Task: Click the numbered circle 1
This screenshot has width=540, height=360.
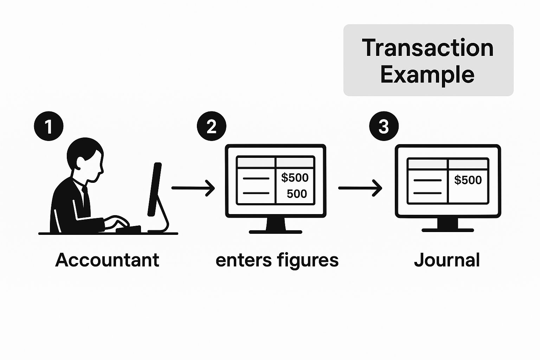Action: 49,126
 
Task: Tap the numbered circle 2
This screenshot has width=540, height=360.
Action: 211,126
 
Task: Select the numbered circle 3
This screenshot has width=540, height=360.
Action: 384,126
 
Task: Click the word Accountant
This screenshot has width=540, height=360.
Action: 107,260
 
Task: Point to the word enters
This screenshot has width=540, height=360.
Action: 244,261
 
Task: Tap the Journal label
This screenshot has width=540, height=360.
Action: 447,260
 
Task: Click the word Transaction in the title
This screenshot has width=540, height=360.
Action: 428,48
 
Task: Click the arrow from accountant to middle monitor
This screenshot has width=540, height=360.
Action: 193,188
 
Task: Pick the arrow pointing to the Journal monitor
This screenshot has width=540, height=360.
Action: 360,188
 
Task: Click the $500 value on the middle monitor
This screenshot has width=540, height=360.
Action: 295,178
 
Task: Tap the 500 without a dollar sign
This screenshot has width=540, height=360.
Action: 297,194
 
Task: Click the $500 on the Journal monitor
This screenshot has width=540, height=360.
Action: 468,180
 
